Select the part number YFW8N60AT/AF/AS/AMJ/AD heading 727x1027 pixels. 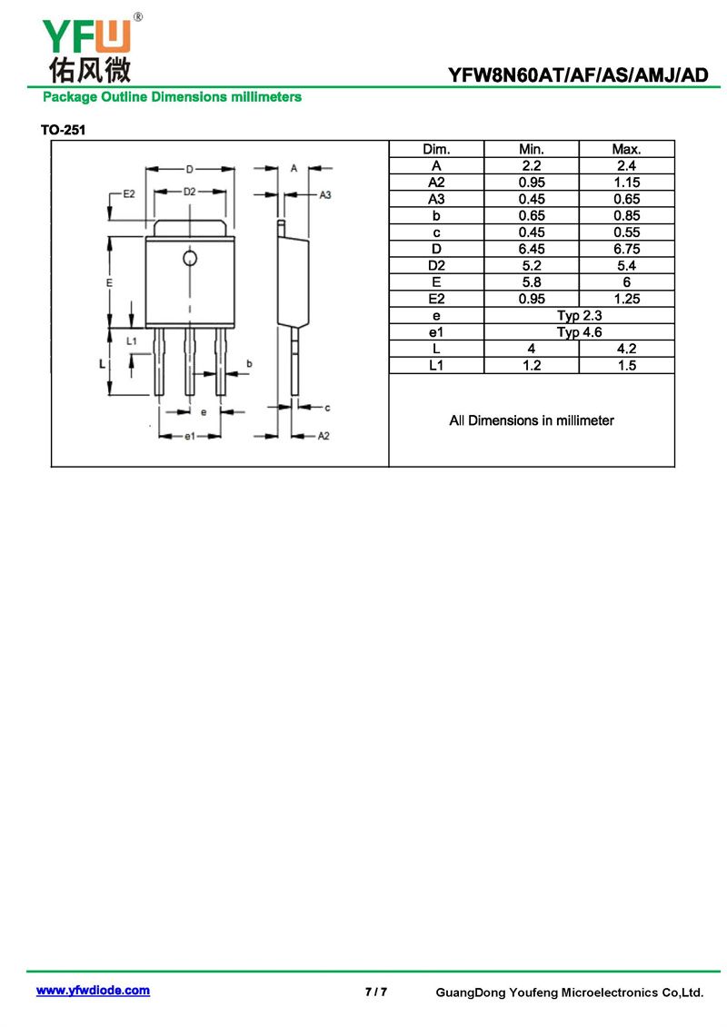(x=578, y=75)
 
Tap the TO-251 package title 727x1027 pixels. (x=63, y=130)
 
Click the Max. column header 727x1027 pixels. (x=626, y=149)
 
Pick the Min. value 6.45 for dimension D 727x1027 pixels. (x=532, y=249)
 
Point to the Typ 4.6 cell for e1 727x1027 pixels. (x=580, y=332)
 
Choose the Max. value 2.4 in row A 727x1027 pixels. (x=626, y=165)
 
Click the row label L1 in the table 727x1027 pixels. (x=436, y=365)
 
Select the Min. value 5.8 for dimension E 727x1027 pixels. (x=532, y=282)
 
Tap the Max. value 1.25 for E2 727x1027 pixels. (x=627, y=299)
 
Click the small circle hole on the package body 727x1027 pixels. (x=190, y=258)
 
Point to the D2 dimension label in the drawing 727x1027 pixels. (x=189, y=192)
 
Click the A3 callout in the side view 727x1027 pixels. (x=325, y=194)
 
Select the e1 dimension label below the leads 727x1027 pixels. (x=189, y=436)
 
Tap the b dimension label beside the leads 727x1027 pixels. (x=249, y=363)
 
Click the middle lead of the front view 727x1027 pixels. (x=189, y=361)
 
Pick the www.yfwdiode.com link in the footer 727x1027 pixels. (x=93, y=991)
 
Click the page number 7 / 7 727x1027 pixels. (x=376, y=992)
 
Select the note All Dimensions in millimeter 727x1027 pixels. (x=532, y=420)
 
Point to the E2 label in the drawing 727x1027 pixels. (x=129, y=194)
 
